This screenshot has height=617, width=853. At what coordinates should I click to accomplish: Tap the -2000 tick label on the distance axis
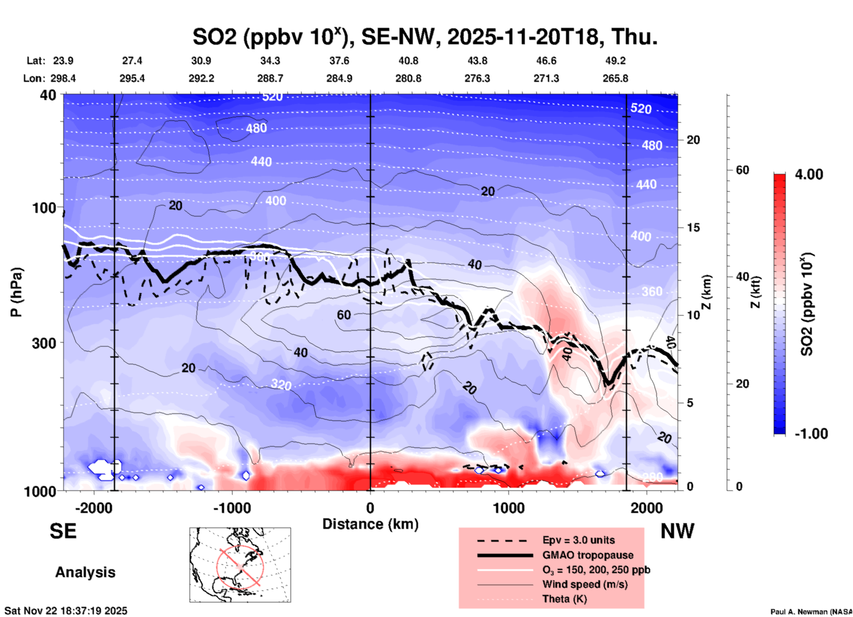pos(93,508)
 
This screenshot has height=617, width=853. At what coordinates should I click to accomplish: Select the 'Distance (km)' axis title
pos(370,524)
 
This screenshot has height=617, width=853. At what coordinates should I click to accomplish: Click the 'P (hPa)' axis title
pos(16,292)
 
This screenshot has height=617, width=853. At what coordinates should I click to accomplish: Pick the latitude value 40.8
pos(408,61)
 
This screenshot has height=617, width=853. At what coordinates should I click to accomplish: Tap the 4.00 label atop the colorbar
pos(809,174)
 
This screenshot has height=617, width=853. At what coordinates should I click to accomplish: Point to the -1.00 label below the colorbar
pos(811,433)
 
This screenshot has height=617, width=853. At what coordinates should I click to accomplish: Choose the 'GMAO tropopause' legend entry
pos(588,555)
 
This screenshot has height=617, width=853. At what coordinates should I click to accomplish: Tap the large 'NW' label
pos(677,531)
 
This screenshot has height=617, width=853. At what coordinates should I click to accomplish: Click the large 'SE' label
pos(63,531)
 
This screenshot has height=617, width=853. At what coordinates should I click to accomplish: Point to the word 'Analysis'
pos(85,572)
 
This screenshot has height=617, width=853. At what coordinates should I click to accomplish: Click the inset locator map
pos(240,565)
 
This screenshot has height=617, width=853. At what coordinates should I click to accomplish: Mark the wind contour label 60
pos(344,315)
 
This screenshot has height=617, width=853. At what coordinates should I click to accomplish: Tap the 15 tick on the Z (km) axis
pos(693,228)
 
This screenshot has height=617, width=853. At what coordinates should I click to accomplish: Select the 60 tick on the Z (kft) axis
pos(742,170)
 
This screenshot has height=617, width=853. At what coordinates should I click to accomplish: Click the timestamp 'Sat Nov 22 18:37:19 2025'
pos(66,611)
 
